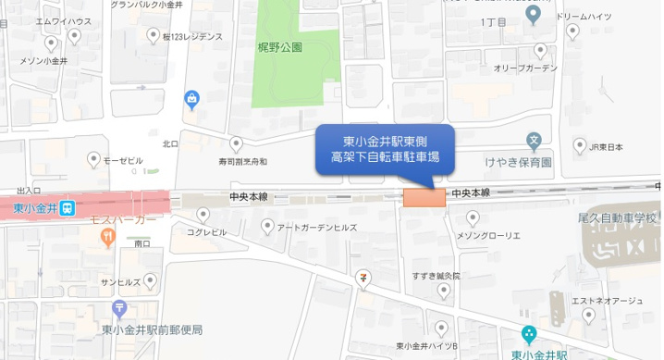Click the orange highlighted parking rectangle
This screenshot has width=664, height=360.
[x=424, y=197]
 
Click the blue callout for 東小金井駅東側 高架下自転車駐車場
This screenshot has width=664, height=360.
[x=385, y=149]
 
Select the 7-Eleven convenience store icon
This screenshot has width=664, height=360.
[x=367, y=276]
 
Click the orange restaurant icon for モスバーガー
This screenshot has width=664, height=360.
[x=108, y=237]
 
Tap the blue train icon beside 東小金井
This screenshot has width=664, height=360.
[x=68, y=209]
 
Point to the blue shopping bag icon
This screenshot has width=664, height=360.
[x=191, y=99]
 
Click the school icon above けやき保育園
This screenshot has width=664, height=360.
[x=534, y=143]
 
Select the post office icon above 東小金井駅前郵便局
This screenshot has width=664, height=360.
[x=118, y=309]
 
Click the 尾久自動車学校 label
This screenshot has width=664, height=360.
[x=617, y=217]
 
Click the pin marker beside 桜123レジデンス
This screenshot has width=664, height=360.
[x=154, y=36]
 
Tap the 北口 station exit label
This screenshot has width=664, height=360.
[x=170, y=143]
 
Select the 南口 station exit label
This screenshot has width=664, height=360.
[x=142, y=243]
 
